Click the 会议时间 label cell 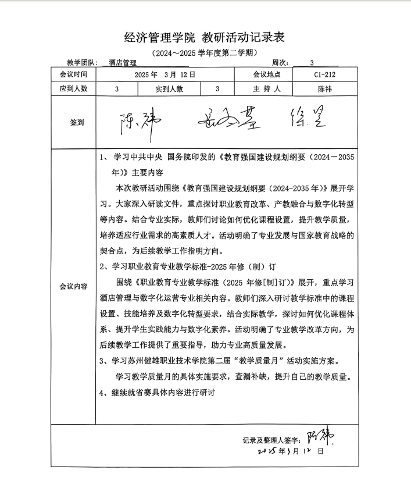(x=73, y=74)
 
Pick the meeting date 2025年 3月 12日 (x=165, y=74)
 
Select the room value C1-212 (x=324, y=74)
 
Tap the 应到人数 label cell (x=73, y=89)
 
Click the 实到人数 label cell (x=169, y=89)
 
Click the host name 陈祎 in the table (x=324, y=89)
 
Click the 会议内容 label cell (x=73, y=286)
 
